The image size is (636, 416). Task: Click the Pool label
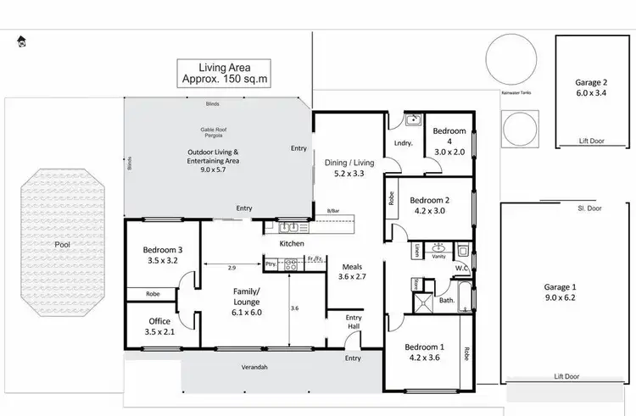click(x=63, y=244)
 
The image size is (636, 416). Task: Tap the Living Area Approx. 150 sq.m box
click(x=223, y=74)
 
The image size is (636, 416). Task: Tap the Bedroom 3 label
click(x=162, y=249)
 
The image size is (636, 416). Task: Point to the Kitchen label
click(x=292, y=244)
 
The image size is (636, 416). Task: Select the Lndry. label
click(x=403, y=143)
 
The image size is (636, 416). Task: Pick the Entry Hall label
click(x=354, y=322)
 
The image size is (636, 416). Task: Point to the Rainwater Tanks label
click(x=516, y=92)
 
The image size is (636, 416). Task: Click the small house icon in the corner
click(x=20, y=40)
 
